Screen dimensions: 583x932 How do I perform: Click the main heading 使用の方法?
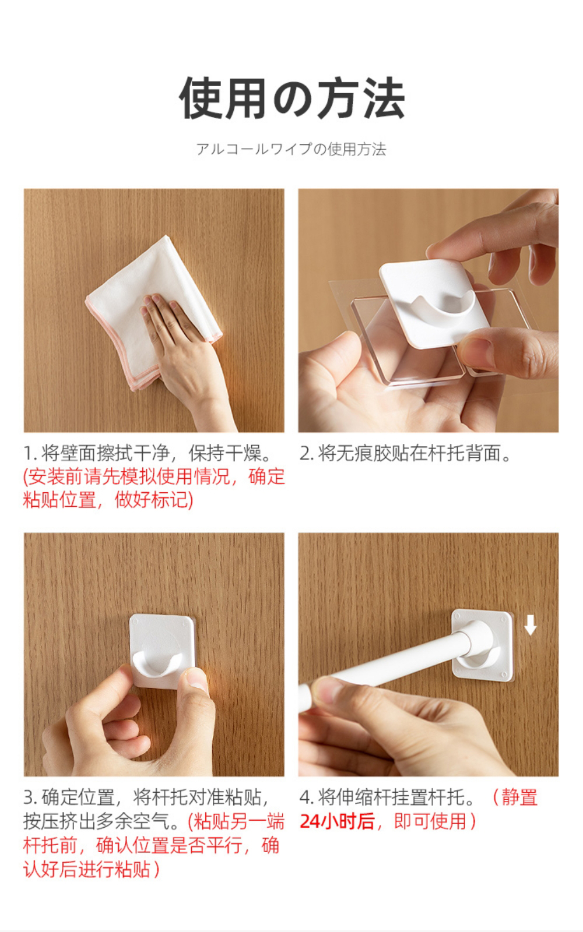292,98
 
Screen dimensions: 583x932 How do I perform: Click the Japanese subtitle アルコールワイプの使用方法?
291,149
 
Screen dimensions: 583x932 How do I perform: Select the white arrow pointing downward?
530,626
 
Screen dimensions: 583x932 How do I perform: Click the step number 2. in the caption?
307,454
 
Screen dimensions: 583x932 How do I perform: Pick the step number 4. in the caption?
307,797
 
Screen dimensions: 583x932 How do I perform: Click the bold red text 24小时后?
338,821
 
